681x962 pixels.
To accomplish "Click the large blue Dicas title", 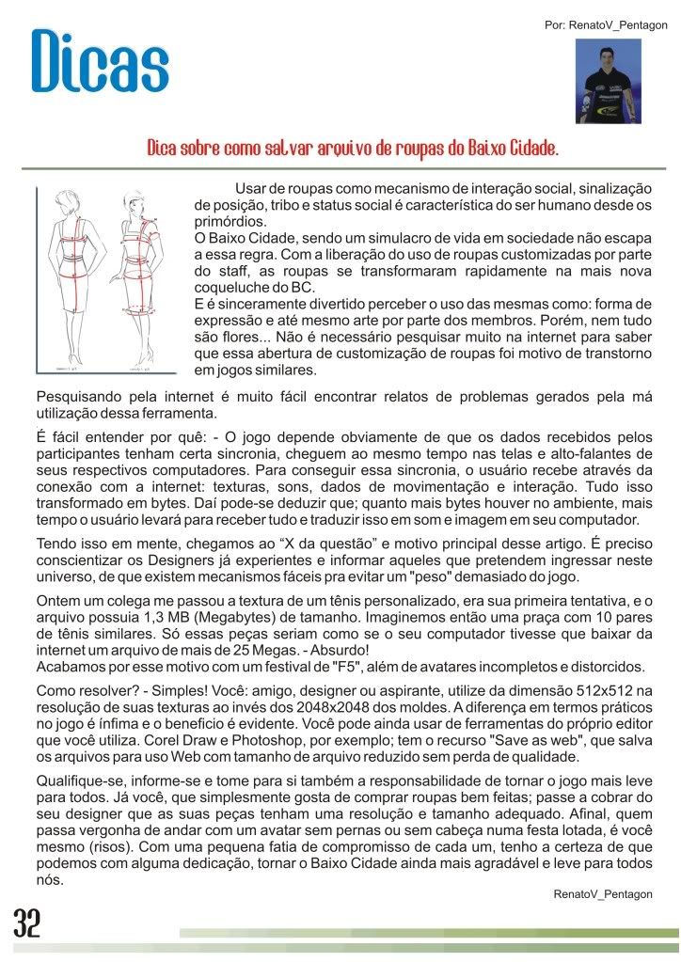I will (x=100, y=62).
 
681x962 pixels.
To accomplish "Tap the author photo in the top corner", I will (x=609, y=81).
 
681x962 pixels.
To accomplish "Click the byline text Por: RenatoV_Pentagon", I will (x=605, y=24).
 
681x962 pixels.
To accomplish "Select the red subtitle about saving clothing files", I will (x=353, y=150).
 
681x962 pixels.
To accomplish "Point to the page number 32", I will (x=27, y=924).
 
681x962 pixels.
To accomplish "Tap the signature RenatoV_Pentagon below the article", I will (x=603, y=893).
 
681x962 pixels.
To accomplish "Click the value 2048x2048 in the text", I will (x=314, y=705).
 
